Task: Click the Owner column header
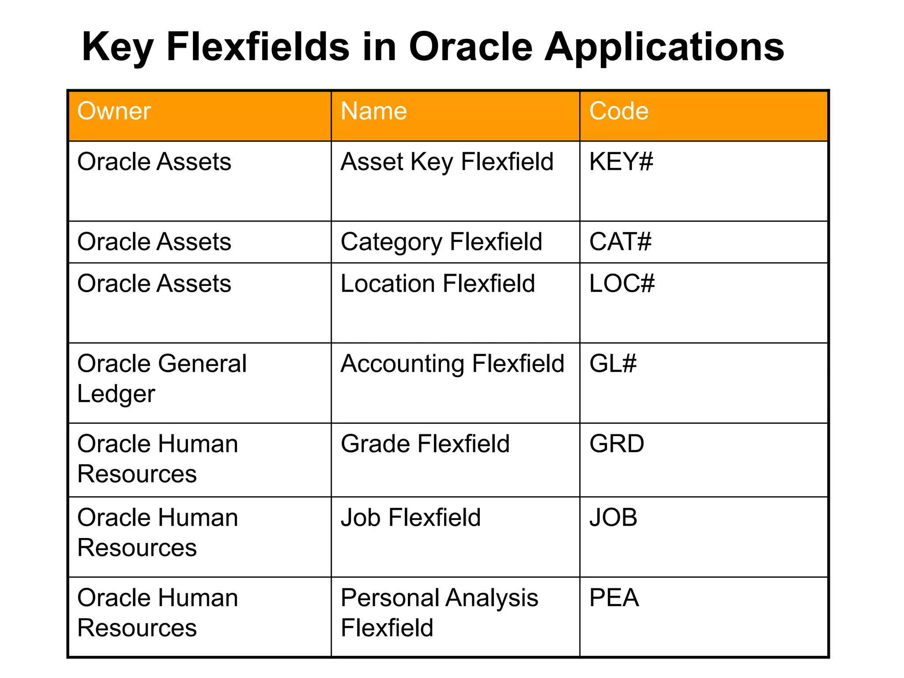click(114, 111)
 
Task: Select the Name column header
click(373, 111)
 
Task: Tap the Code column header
click(618, 111)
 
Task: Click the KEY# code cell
click(621, 162)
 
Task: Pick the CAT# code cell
click(620, 242)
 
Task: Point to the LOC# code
click(621, 283)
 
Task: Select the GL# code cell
click(613, 364)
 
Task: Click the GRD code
click(616, 444)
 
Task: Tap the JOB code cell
click(613, 517)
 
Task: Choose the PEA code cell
click(614, 598)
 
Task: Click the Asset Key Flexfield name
click(447, 162)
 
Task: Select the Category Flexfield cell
click(441, 242)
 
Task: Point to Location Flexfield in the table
click(437, 283)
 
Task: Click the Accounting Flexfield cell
click(452, 364)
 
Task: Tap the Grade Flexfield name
click(425, 444)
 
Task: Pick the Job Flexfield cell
click(410, 517)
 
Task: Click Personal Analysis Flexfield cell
click(439, 613)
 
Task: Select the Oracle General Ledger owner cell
click(161, 378)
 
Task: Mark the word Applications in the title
click(664, 47)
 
